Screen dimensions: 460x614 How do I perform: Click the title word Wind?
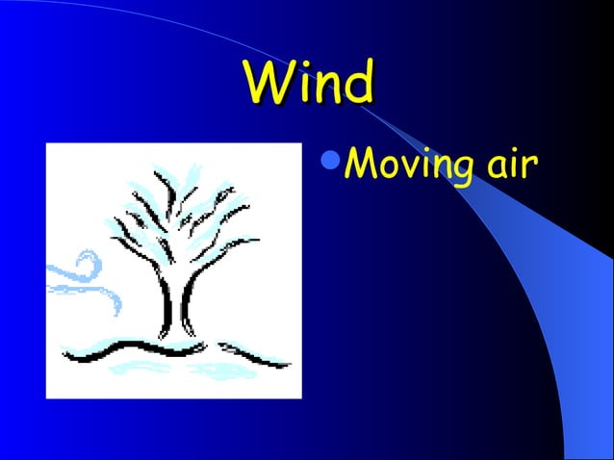pyautogui.click(x=308, y=84)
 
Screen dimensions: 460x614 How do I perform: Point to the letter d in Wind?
pyautogui.click(x=357, y=84)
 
